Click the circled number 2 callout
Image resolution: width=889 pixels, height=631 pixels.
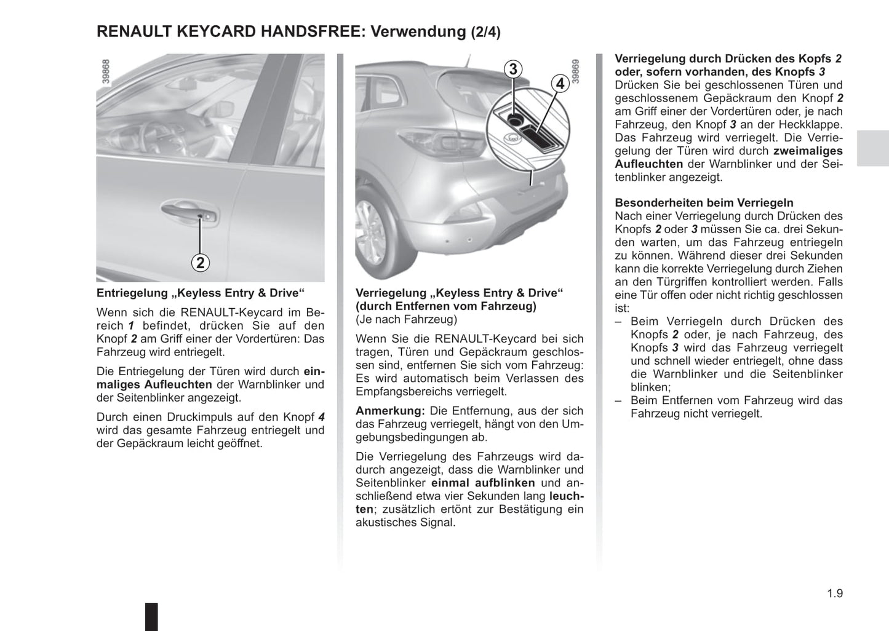tap(200, 263)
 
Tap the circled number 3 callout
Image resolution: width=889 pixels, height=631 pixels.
tap(513, 69)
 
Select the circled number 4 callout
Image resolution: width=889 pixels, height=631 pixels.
tap(560, 83)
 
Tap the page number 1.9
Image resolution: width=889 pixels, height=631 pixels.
tap(834, 593)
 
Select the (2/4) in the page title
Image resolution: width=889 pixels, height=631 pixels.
tap(486, 33)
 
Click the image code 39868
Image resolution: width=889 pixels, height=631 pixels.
tap(106, 72)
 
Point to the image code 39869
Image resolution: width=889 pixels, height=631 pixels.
tap(576, 71)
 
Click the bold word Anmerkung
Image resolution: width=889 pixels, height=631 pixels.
tap(390, 411)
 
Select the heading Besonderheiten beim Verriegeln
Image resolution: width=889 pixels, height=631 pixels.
tap(704, 203)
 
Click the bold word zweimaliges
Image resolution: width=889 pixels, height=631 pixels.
tap(808, 151)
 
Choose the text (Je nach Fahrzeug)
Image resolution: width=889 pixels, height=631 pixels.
tap(406, 319)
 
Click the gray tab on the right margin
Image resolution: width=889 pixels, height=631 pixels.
tap(872, 148)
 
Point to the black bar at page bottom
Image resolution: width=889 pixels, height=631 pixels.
tap(151, 616)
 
